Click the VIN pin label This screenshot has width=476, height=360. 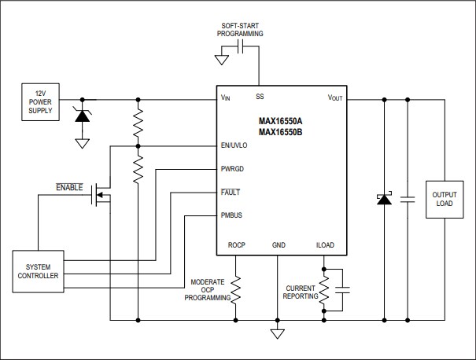(226, 98)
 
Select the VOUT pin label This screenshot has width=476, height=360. (337, 98)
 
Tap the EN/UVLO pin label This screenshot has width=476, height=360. (234, 145)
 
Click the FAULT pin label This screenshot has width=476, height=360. (230, 192)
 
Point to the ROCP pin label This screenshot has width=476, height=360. (236, 245)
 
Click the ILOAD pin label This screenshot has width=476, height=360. (324, 245)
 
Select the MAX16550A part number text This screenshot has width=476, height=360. (280, 122)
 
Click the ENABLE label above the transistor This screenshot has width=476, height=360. (68, 186)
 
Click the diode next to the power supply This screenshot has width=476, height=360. (81, 115)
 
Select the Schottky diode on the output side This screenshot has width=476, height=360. (384, 200)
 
